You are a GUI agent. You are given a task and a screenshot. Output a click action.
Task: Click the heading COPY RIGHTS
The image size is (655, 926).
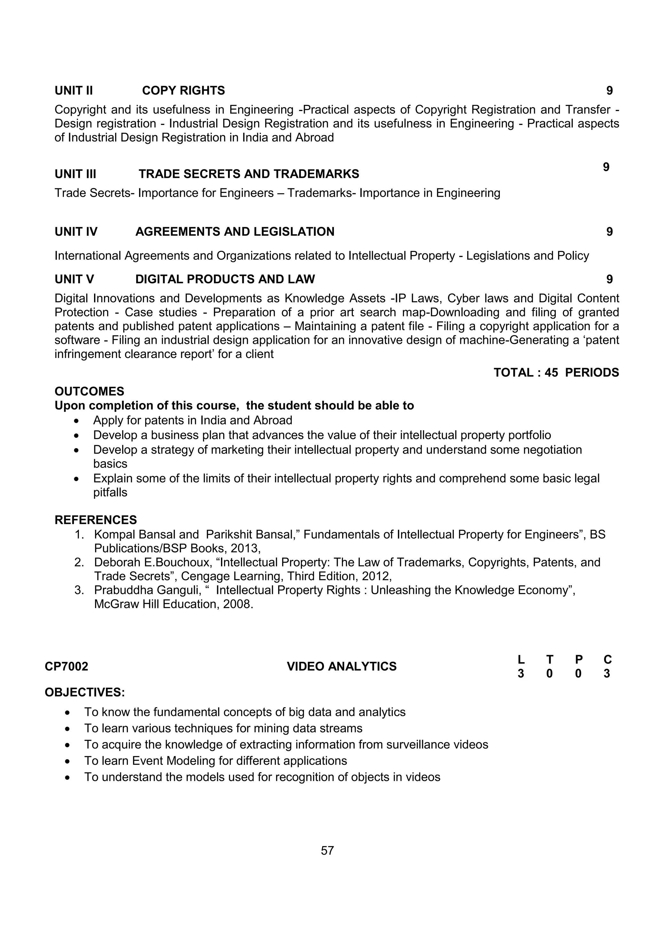184,90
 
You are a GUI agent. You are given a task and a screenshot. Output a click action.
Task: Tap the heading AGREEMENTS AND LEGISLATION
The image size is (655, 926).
235,232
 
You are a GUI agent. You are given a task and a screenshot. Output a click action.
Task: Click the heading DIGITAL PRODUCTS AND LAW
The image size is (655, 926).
225,279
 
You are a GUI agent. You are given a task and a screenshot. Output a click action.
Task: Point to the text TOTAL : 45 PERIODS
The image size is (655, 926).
556,372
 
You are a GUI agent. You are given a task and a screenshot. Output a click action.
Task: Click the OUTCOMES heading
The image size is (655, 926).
89,391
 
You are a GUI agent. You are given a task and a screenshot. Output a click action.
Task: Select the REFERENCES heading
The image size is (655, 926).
96,519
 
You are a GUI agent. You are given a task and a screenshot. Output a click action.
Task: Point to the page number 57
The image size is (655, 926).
327,851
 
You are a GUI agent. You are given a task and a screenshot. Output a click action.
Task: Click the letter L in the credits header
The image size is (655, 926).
521,660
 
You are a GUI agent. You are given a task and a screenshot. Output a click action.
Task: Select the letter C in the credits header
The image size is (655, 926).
607,660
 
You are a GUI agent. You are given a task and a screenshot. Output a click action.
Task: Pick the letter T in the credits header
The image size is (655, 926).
550,660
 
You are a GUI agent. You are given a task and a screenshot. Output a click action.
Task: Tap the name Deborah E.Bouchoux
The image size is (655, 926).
153,562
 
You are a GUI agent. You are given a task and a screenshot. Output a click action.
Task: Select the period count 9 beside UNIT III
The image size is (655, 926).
606,167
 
